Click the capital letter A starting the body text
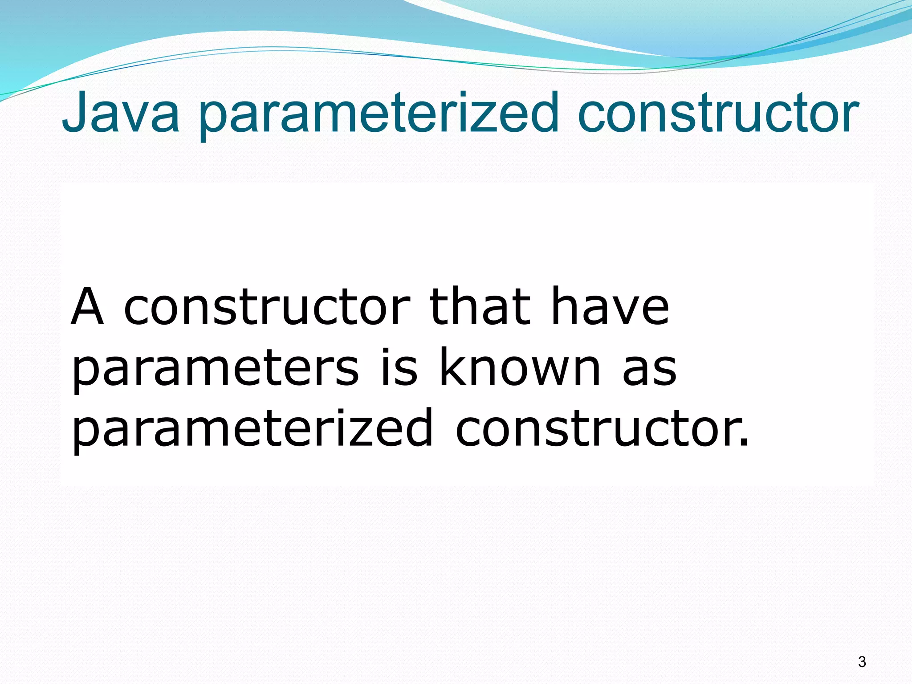[x=88, y=307]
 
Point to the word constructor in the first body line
[x=267, y=307]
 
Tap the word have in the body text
[x=610, y=307]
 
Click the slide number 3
[x=862, y=662]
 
